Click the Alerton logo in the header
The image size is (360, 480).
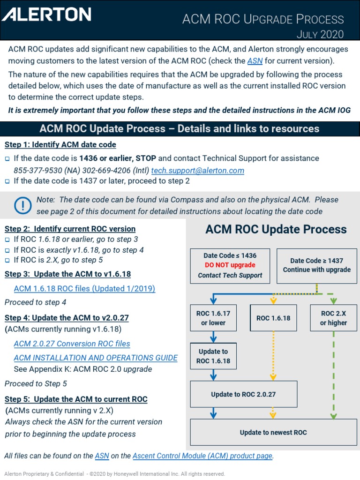[x=46, y=14]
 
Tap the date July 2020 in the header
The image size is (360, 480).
[x=320, y=34]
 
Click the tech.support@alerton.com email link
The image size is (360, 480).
[x=197, y=171]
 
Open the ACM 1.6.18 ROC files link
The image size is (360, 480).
[x=84, y=288]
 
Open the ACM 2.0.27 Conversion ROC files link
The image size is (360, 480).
[x=72, y=344]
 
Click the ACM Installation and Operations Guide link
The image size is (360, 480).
[x=96, y=358]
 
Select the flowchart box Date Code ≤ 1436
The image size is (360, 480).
[x=230, y=266]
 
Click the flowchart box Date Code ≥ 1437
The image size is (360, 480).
[x=316, y=265]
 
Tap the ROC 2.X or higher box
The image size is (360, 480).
[x=333, y=318]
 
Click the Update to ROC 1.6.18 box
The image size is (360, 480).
[x=213, y=356]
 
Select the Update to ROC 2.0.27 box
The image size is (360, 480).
[x=243, y=394]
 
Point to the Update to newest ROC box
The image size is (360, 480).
[x=273, y=432]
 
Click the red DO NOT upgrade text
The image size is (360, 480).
[x=230, y=265]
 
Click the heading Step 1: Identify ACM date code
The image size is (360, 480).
[x=60, y=144]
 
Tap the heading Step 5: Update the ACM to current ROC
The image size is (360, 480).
[x=76, y=399]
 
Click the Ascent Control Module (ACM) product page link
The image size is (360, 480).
[x=202, y=456]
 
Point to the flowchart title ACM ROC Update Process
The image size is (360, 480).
[x=276, y=230]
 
